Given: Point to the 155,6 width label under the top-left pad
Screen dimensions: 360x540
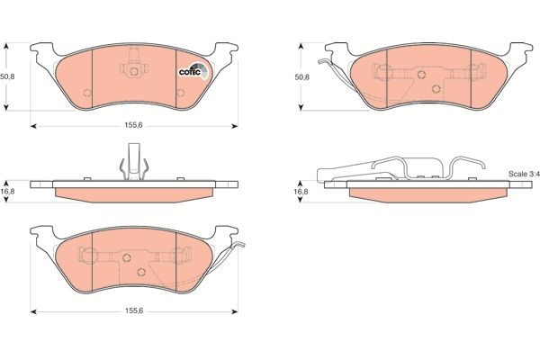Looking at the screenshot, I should (x=134, y=126).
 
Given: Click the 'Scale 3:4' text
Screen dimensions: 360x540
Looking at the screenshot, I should (x=521, y=173).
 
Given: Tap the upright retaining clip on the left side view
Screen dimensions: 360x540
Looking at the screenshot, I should (x=132, y=161).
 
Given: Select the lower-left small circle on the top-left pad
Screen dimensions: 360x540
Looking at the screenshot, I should (x=85, y=93).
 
